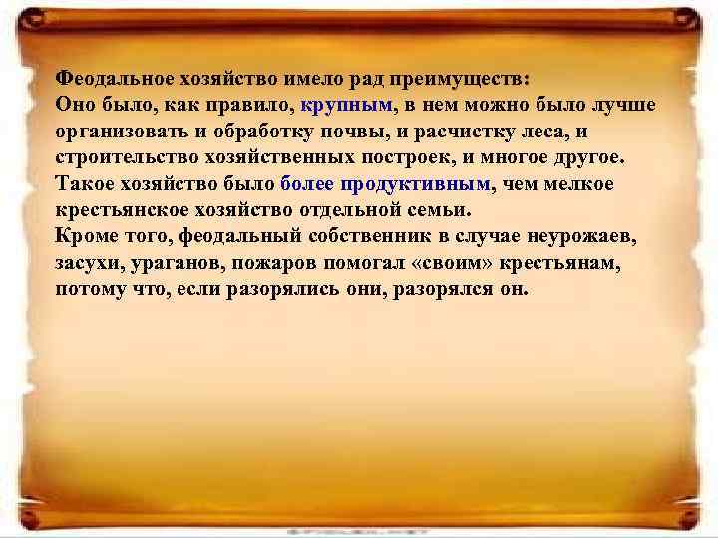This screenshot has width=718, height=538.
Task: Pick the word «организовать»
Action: tap(121, 132)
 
